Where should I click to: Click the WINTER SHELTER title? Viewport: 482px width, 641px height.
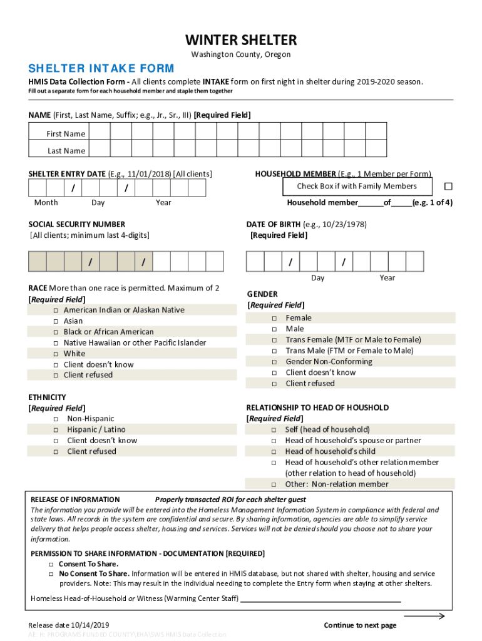[x=240, y=41]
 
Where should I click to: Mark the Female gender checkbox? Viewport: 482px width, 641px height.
[x=274, y=319]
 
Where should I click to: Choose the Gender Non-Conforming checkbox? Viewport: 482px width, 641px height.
[x=274, y=362]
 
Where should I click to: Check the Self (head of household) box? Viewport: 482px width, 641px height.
[x=274, y=430]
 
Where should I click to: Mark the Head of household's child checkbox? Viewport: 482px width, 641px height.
[x=274, y=452]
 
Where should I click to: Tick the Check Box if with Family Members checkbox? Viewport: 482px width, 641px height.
[x=448, y=187]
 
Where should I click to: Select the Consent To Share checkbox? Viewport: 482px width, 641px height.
[x=51, y=564]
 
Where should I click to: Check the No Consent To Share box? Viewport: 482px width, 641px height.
[x=51, y=574]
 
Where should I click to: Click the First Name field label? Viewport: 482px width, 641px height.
[x=66, y=134]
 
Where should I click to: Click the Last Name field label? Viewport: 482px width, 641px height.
[x=66, y=151]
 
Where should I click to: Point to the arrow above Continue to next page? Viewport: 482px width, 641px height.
[x=424, y=616]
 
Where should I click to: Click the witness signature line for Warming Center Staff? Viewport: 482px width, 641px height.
[x=320, y=600]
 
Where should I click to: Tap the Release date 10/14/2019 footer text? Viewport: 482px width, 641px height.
[x=69, y=625]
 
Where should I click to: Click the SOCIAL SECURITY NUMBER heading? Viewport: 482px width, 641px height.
[x=76, y=224]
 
